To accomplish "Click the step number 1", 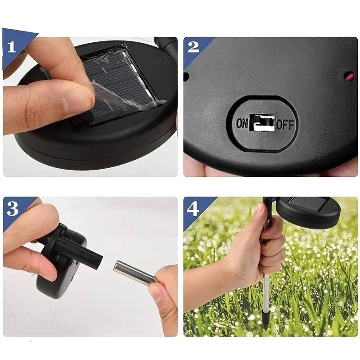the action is pyautogui.click(x=12, y=47).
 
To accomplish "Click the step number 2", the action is pyautogui.click(x=193, y=47).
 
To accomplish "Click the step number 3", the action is pyautogui.click(x=13, y=208).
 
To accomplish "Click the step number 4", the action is pyautogui.click(x=193, y=209).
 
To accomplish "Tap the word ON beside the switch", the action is pyautogui.click(x=242, y=124).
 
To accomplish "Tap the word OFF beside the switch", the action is pyautogui.click(x=285, y=124).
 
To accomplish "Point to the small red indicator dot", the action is pyautogui.click(x=350, y=77).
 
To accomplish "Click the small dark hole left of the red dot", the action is pyautogui.click(x=186, y=76).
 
